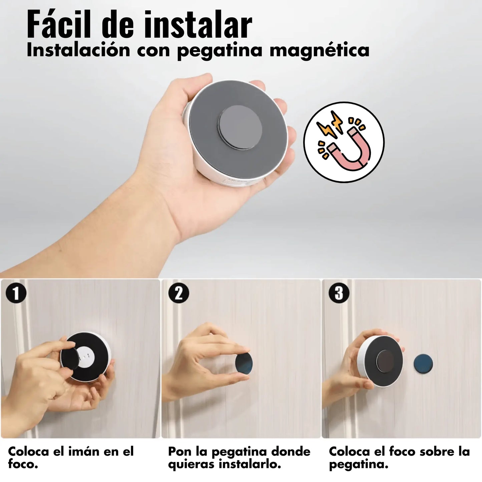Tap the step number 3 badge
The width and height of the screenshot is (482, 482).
pyautogui.click(x=339, y=294)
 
